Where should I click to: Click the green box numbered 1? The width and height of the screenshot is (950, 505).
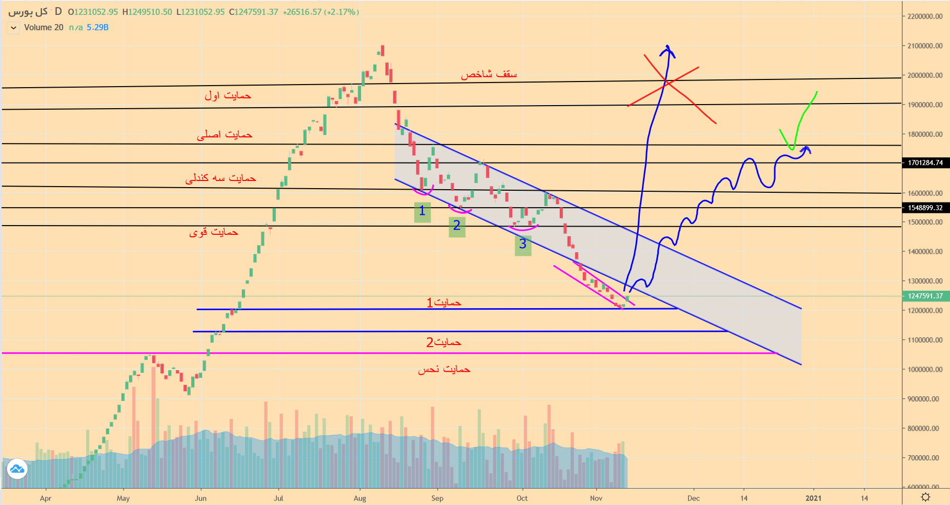pos(422,212)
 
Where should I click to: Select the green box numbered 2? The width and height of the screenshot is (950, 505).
pos(457,226)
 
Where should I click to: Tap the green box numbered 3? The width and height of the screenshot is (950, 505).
pos(523,245)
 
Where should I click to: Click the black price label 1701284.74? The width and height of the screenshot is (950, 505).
pos(925,163)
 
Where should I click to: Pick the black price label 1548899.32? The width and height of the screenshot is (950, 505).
pos(925,208)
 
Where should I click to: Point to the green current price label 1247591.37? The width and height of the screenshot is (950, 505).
pos(925,296)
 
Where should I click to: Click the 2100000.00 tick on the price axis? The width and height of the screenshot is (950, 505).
pos(924,46)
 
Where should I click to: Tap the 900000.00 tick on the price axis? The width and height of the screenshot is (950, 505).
pos(924,399)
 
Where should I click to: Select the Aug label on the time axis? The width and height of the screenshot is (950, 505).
pos(360,498)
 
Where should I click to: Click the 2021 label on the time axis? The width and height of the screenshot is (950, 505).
pos(813,498)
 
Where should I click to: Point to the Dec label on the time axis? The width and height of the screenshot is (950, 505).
pos(693,498)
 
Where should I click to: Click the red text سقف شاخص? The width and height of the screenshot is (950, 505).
pos(489,75)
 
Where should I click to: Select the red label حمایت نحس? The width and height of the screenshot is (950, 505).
pos(443,370)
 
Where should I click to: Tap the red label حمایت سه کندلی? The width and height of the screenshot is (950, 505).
pos(220,178)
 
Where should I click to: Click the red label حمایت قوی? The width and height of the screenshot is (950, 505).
pos(214,232)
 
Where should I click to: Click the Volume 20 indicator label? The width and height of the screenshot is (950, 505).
pos(44,28)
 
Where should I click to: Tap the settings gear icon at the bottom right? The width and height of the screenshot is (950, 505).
pos(925,497)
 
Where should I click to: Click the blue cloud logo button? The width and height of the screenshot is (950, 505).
pos(17,469)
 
